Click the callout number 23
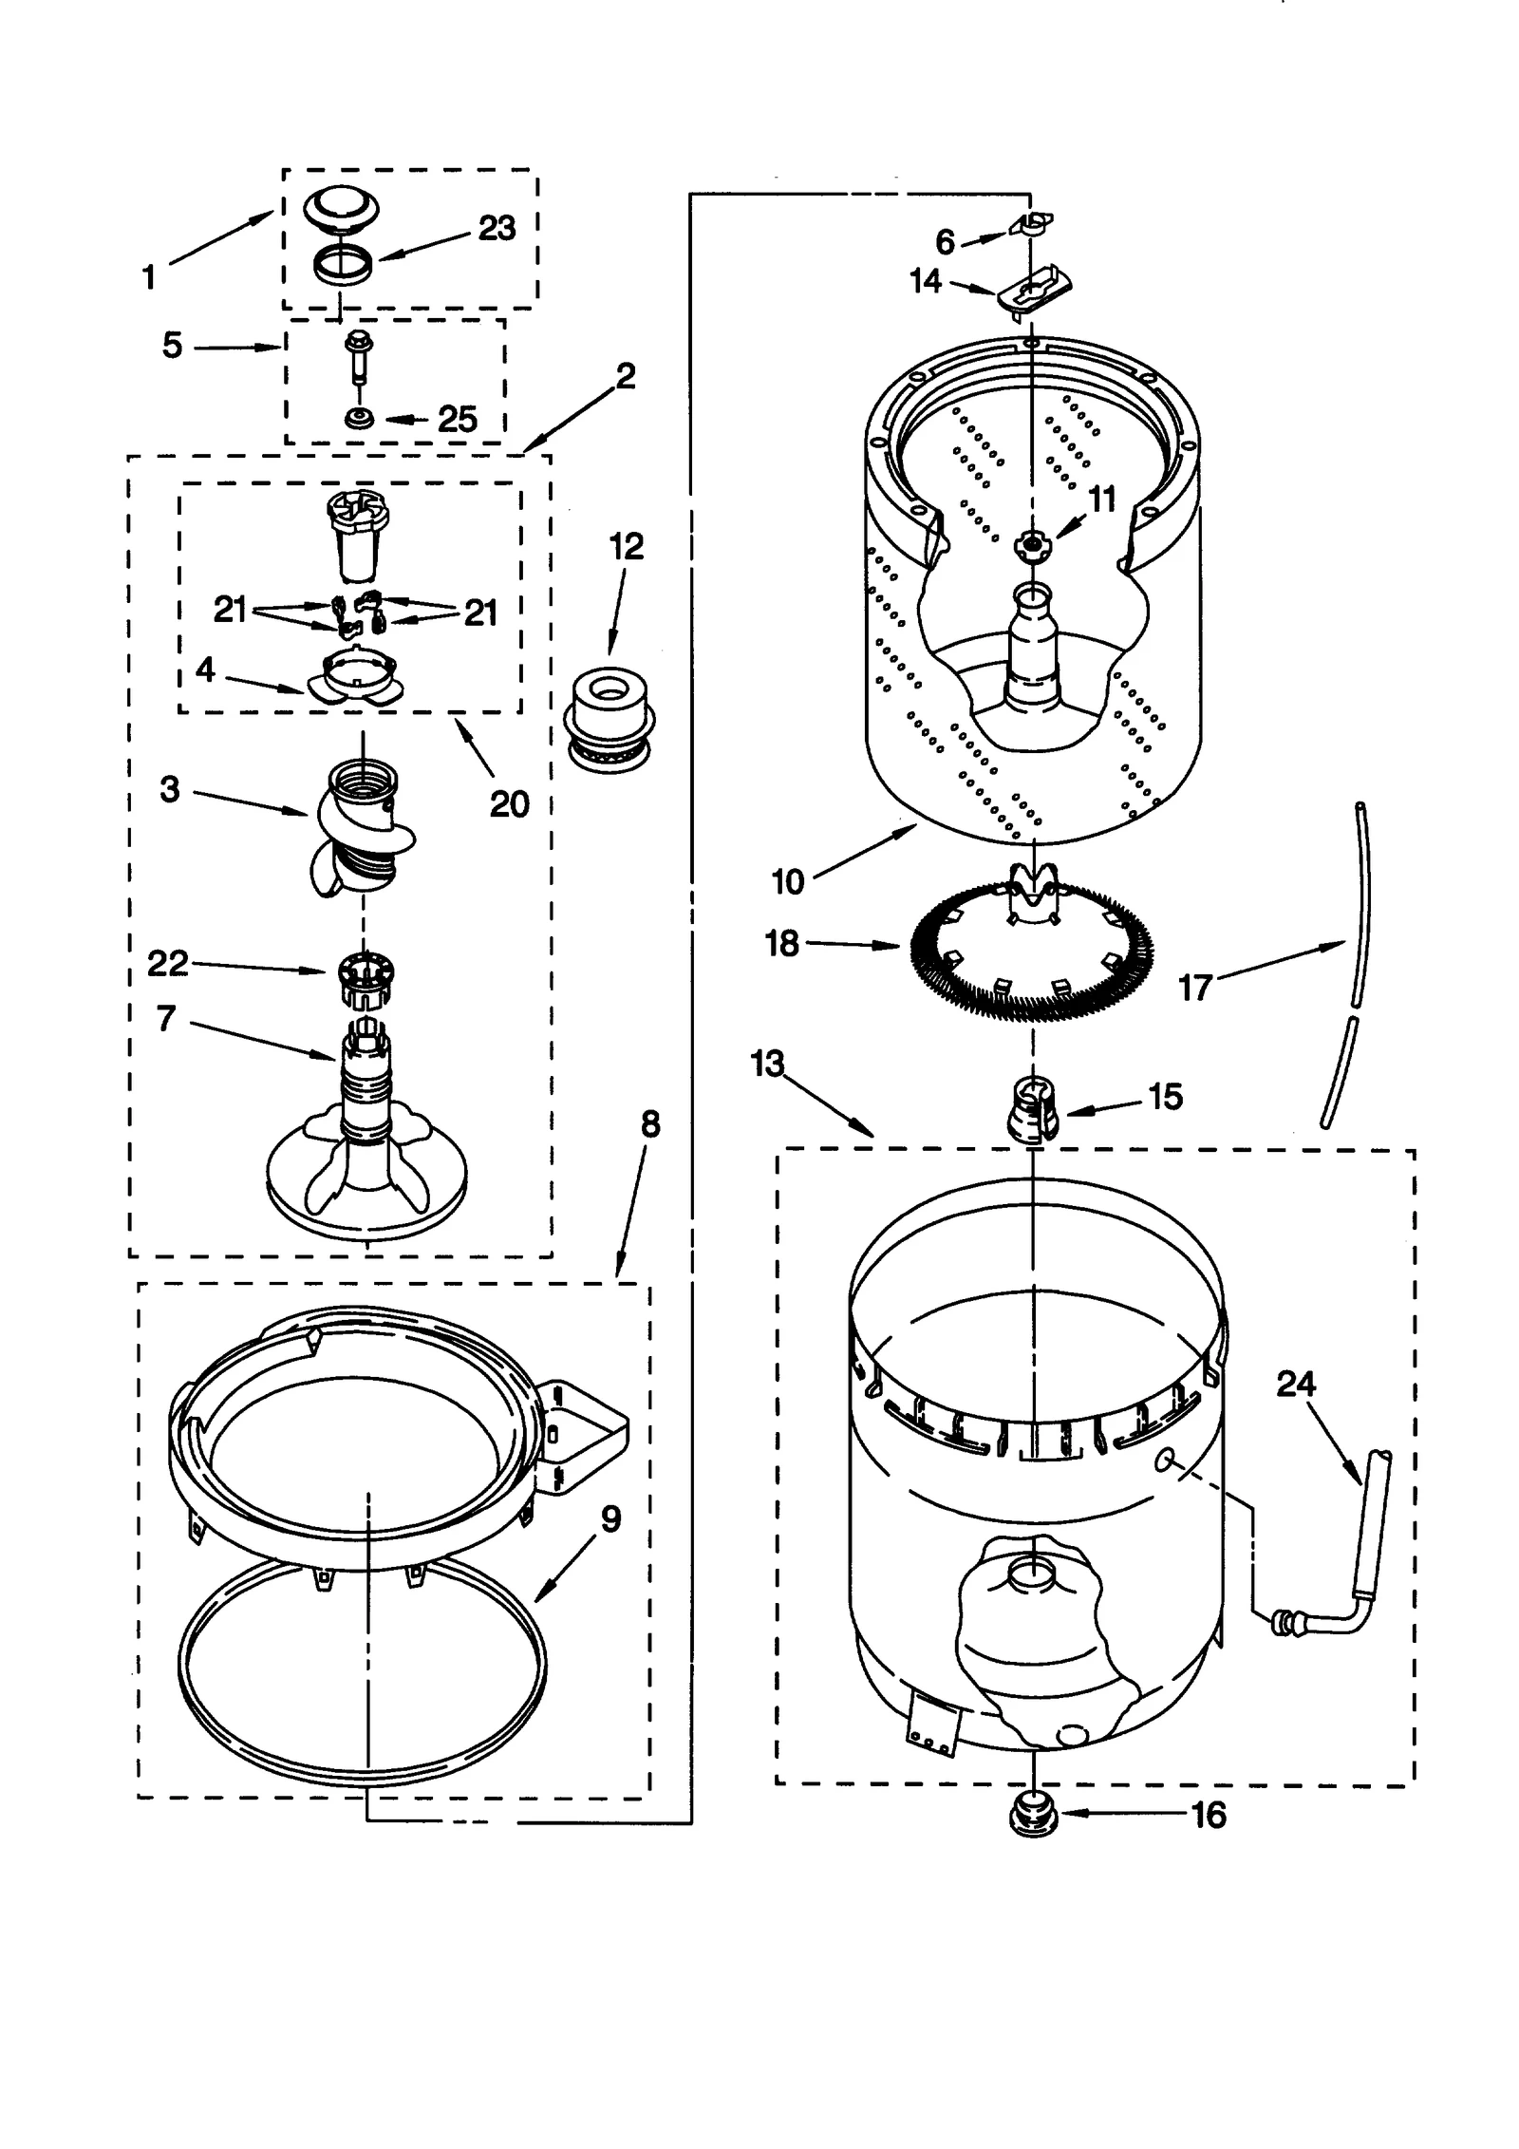(497, 228)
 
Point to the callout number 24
(1295, 1384)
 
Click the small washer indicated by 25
(359, 418)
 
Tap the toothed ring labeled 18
(1032, 950)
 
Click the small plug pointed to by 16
(1034, 1817)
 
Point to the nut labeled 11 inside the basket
(1031, 544)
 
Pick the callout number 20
(509, 804)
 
